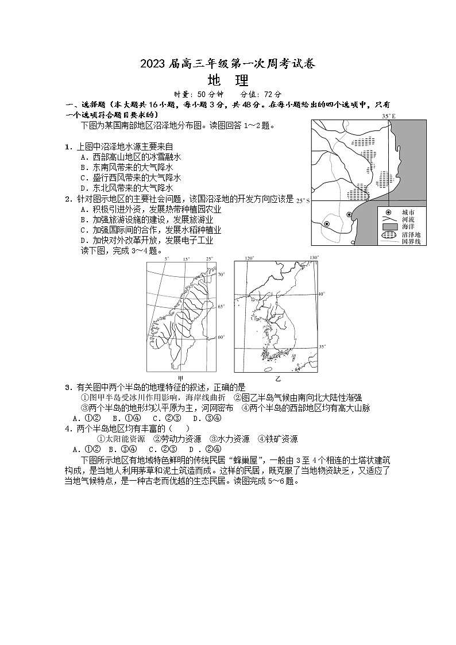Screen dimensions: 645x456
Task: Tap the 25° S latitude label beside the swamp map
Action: [x=303, y=201]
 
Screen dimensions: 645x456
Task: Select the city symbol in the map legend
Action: [x=389, y=211]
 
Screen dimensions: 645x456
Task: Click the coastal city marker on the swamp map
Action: [x=349, y=215]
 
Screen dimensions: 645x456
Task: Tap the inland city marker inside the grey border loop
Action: [x=326, y=223]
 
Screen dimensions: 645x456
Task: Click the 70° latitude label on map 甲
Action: [x=222, y=275]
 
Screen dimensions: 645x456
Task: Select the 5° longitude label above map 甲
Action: [x=167, y=259]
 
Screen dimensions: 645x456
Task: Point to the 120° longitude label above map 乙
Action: [x=249, y=258]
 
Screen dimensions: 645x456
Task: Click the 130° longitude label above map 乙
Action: [x=314, y=258]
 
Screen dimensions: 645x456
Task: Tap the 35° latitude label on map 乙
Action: [x=322, y=347]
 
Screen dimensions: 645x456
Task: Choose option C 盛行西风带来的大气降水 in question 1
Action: [x=130, y=177]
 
